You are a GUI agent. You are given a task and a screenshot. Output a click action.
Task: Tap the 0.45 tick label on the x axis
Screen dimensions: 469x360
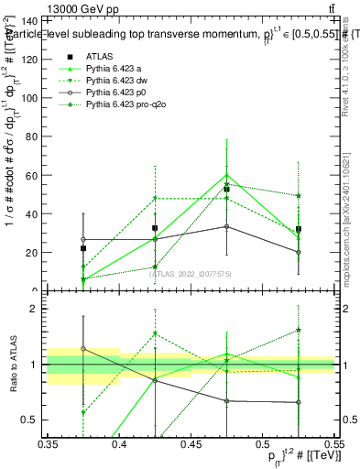[191, 443]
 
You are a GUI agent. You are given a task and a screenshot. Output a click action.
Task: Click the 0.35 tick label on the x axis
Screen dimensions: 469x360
[49, 443]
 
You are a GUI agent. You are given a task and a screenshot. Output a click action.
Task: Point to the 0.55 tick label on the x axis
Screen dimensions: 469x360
[333, 443]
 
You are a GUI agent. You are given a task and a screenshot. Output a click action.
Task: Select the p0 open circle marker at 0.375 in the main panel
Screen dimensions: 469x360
[83, 239]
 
